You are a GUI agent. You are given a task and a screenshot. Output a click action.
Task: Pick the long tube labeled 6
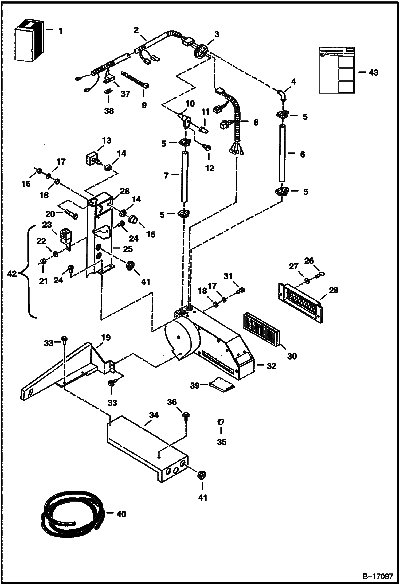click(x=282, y=154)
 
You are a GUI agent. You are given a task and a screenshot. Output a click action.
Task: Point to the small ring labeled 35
click(x=220, y=421)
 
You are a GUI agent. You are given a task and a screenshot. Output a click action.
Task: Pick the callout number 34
click(x=154, y=415)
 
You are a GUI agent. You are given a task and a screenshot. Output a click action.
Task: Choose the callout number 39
click(x=195, y=386)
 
